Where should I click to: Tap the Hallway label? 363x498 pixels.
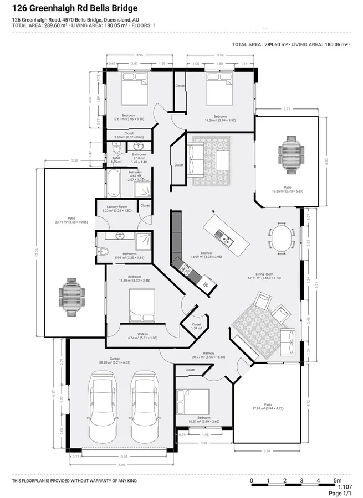coord(208,353)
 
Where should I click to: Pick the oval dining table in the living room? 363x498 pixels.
coord(281,238)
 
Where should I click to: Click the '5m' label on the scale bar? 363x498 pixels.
coord(337,481)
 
